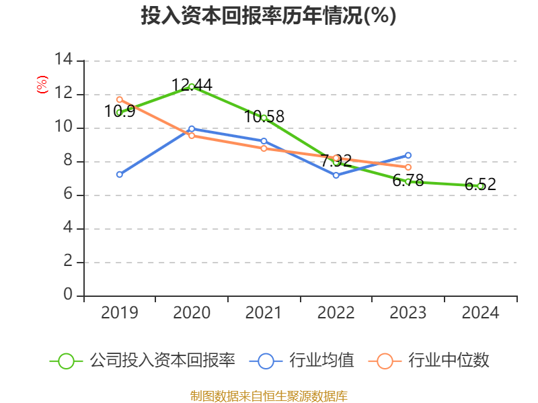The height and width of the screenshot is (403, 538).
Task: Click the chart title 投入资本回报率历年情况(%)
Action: (268, 15)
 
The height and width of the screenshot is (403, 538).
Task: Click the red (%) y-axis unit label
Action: (42, 85)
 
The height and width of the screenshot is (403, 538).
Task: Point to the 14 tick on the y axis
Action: (64, 59)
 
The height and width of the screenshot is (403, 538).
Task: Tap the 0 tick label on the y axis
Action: (68, 294)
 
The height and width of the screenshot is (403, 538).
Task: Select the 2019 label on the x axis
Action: (120, 312)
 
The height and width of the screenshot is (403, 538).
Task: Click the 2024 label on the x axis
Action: (480, 312)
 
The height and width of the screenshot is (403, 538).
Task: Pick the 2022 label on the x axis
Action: (336, 312)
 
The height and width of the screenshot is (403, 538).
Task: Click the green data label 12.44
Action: (192, 85)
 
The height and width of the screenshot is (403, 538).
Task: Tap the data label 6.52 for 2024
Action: (480, 184)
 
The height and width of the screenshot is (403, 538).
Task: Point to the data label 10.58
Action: (264, 116)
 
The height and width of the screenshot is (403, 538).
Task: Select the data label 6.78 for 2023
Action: (408, 180)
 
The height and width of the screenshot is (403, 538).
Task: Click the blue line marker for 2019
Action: (120, 175)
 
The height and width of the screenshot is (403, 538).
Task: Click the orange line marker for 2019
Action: (120, 99)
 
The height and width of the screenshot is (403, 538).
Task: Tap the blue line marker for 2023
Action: (408, 155)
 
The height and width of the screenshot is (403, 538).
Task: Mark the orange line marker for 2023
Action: (408, 167)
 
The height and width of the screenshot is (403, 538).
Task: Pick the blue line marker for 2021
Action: (264, 141)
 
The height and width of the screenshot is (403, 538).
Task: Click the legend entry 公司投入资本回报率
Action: (143, 361)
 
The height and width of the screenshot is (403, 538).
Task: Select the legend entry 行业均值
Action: (301, 361)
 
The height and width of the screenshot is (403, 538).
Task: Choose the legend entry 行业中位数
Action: (429, 361)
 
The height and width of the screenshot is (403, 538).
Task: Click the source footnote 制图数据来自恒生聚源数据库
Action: (269, 396)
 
